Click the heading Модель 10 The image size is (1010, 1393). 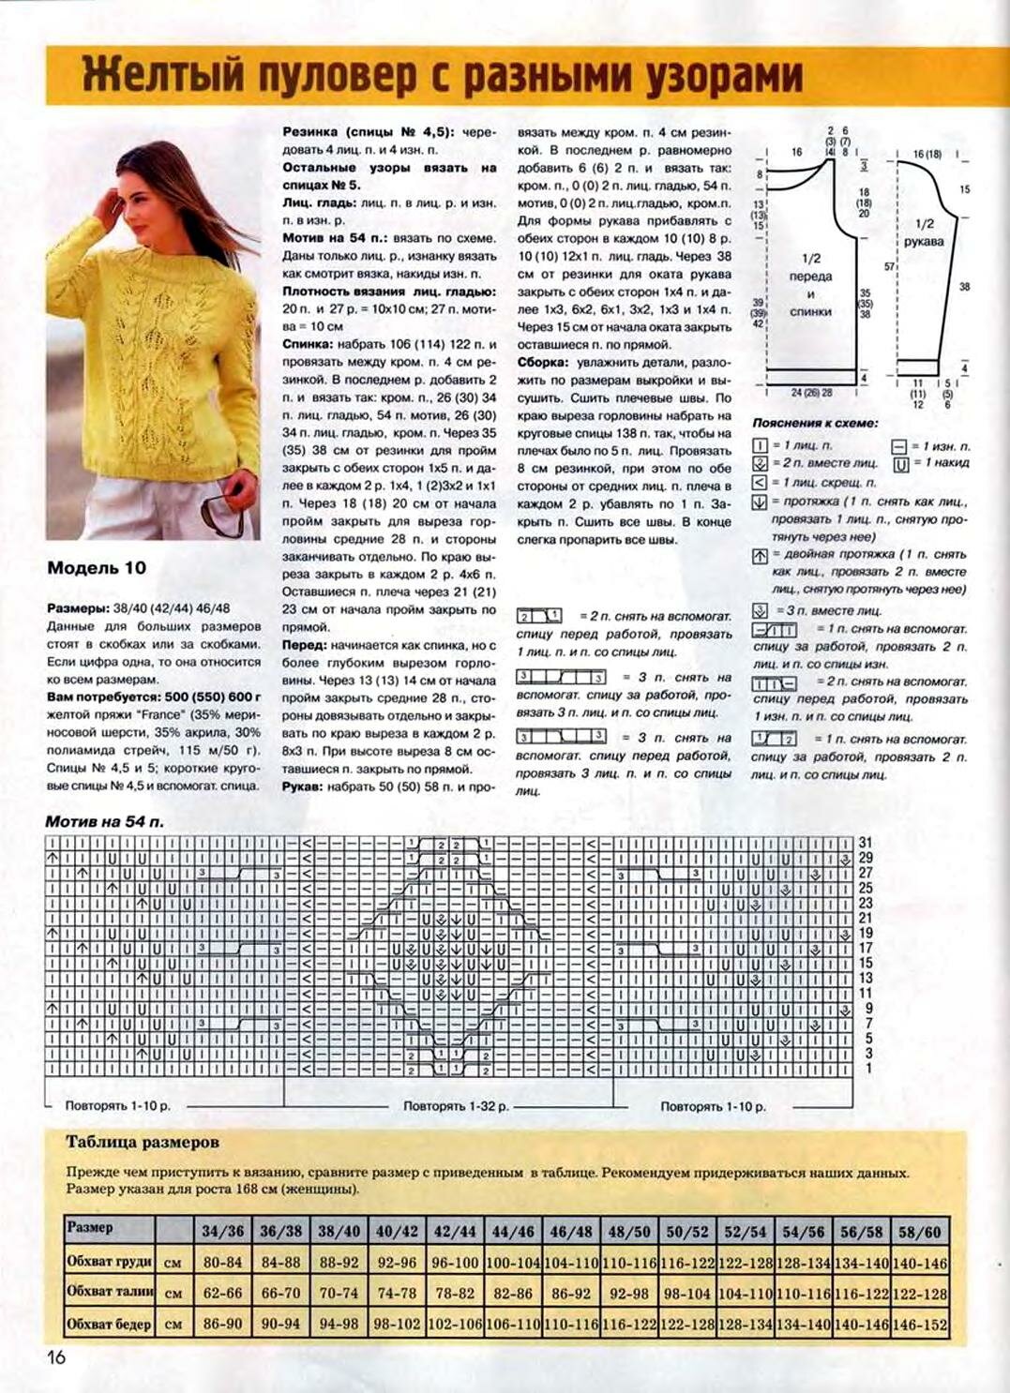(x=97, y=568)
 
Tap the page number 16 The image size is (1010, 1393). (x=56, y=1356)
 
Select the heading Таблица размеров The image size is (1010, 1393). (x=143, y=1142)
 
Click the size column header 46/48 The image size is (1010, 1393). (x=570, y=1231)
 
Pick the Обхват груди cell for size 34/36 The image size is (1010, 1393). (x=222, y=1263)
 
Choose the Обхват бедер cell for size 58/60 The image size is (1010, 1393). (x=919, y=1325)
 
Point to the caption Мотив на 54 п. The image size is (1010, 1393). (x=104, y=821)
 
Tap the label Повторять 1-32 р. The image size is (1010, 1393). (x=456, y=1106)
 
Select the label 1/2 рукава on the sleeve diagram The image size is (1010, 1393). (x=924, y=232)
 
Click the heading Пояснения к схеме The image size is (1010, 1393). (x=815, y=423)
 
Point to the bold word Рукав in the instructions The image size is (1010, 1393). (x=303, y=786)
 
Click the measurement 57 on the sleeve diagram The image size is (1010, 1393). (x=889, y=266)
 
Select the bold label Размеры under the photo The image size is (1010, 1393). (x=78, y=607)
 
